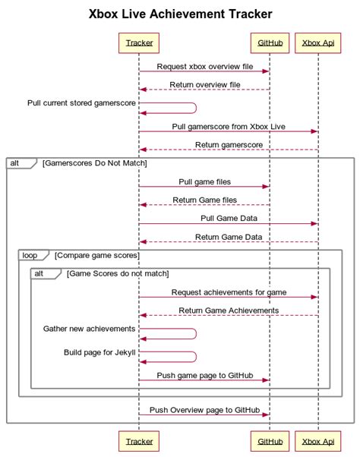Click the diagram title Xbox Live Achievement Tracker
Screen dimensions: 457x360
pos(180,14)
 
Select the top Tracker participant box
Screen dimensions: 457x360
pos(138,43)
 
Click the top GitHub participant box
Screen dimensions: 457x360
pos(270,43)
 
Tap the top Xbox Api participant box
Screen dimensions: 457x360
pos(317,43)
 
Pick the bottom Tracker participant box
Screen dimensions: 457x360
pos(138,440)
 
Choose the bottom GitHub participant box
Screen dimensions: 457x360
pos(270,440)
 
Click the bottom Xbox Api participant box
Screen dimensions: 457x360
pos(317,440)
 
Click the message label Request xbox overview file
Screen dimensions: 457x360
pos(204,66)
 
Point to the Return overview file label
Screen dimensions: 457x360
pos(204,84)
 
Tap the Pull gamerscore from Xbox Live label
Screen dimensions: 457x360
pos(228,126)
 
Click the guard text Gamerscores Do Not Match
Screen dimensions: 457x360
pos(95,162)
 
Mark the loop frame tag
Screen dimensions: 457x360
pos(30,255)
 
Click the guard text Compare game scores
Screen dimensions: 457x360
pos(96,255)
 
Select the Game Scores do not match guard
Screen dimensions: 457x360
pos(118,273)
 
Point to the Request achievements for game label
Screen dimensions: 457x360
pos(228,292)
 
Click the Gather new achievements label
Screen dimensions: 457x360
pos(89,328)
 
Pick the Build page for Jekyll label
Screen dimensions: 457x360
pos(99,352)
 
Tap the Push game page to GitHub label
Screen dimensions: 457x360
pos(204,374)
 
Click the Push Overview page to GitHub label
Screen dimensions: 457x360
pos(204,409)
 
